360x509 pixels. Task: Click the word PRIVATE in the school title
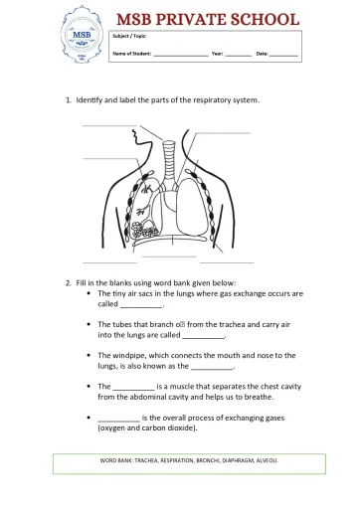click(x=203, y=18)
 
